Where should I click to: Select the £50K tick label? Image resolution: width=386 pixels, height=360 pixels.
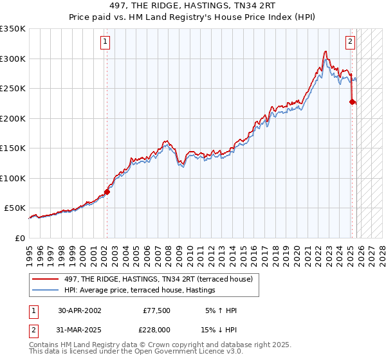click(x=15, y=208)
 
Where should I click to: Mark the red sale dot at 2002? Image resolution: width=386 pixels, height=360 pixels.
click(x=107, y=191)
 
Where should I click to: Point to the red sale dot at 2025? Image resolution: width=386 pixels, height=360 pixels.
click(x=352, y=101)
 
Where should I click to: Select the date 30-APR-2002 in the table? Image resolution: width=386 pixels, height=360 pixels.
click(x=79, y=310)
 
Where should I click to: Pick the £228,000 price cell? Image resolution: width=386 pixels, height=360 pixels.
click(x=156, y=329)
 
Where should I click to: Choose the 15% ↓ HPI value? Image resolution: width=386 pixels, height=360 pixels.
click(x=221, y=329)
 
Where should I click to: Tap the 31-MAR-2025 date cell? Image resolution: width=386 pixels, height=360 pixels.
click(x=79, y=329)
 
